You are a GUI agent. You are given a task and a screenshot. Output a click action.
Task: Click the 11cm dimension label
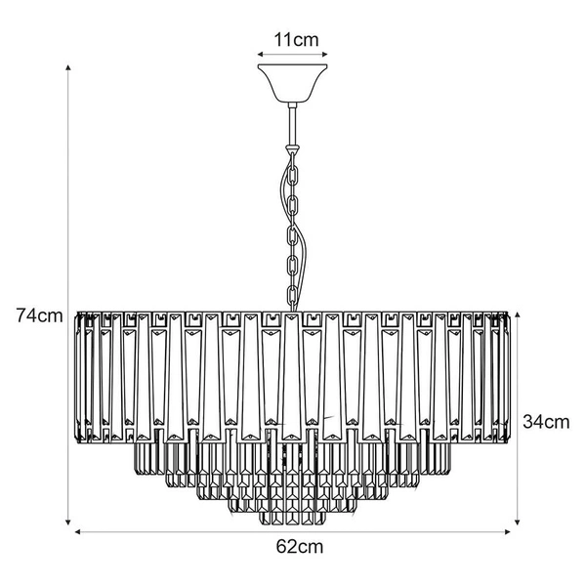296,40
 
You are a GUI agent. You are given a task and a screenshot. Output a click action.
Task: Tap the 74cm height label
39,315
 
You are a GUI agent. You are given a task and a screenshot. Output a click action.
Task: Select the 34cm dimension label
546,422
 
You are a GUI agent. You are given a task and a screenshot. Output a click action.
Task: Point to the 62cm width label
300,547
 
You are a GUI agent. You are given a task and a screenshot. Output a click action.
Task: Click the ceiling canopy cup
293,83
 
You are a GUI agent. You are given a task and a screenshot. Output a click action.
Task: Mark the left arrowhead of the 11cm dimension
260,55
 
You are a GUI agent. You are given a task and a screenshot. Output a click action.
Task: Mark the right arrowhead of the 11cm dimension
325,55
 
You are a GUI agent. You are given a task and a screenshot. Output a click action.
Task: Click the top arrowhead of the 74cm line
68,67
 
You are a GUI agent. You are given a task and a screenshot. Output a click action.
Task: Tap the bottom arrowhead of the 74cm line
68,522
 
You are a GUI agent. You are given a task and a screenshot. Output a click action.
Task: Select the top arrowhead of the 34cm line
518,314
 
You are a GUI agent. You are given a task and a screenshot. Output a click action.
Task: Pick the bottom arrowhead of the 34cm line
518,522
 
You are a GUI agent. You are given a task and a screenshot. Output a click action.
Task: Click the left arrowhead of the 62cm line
78,532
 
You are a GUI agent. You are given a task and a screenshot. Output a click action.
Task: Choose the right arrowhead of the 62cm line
508,532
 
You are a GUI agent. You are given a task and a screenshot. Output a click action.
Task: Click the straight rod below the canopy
293,124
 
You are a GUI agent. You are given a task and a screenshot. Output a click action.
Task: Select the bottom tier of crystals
293,518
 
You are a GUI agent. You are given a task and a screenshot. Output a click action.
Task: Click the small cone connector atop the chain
293,149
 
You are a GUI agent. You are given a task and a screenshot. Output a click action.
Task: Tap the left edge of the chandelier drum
78,378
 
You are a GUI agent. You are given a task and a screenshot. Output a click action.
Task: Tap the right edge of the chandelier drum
508,378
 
